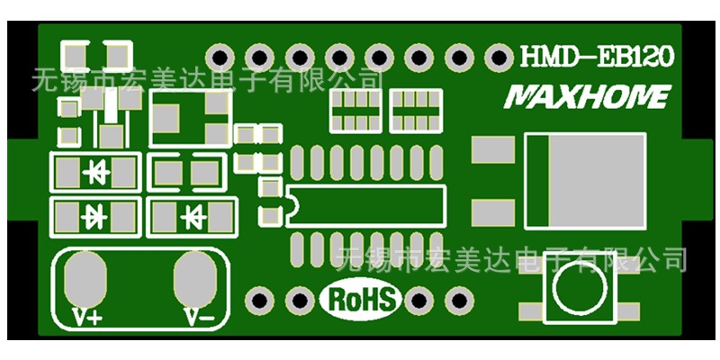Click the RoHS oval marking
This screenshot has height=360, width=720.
pyautogui.click(x=361, y=299)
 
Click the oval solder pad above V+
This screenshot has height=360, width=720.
pyautogui.click(x=85, y=279)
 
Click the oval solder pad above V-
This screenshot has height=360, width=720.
pyautogui.click(x=196, y=279)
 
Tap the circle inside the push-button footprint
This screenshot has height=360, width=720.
pyautogui.click(x=577, y=293)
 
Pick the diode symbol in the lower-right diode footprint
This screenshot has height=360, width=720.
pyautogui.click(x=192, y=217)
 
